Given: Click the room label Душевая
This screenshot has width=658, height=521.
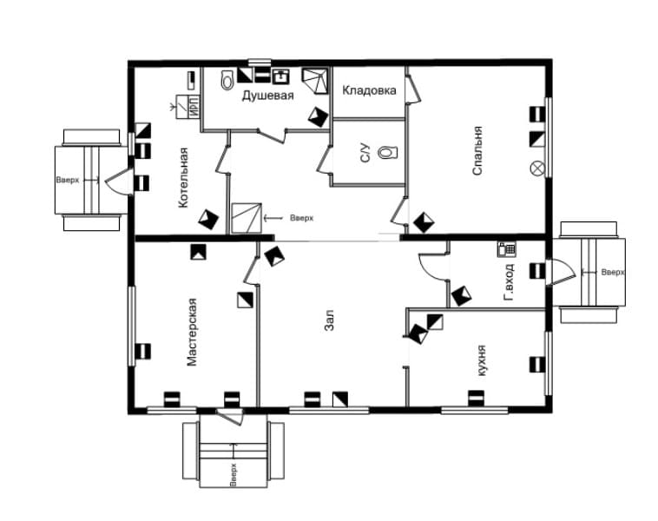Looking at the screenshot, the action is tap(267, 96).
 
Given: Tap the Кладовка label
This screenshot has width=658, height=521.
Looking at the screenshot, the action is tap(369, 90).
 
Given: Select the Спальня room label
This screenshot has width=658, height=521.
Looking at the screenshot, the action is tap(477, 150).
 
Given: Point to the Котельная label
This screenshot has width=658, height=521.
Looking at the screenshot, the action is tap(183, 177).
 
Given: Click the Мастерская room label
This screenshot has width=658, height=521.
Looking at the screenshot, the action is tap(192, 332).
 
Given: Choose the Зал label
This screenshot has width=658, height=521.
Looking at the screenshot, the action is tap(329, 320).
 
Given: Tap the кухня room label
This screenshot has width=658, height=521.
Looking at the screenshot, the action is tap(481, 360).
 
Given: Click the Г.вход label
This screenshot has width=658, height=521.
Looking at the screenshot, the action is tap(509, 282).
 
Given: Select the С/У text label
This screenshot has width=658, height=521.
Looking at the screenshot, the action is tap(365, 153).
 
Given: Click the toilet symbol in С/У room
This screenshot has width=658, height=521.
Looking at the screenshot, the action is tap(387, 152).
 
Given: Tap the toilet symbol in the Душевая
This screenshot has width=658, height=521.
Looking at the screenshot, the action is tap(227, 80).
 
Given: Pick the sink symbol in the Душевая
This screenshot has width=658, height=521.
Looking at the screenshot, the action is tap(280, 76).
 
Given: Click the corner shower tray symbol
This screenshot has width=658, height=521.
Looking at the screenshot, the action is tap(316, 81).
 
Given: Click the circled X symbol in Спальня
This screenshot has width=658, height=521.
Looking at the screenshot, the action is tap(537, 168).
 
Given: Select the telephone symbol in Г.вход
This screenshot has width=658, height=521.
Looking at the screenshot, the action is tap(506, 249).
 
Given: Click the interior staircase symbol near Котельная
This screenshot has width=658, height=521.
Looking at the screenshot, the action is tap(247, 218).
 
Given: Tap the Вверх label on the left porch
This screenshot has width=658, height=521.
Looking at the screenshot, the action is tap(68, 180).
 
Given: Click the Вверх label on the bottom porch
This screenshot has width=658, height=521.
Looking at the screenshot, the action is tap(234, 474).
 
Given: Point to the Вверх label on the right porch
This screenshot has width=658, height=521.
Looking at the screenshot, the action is tap(613, 273).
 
